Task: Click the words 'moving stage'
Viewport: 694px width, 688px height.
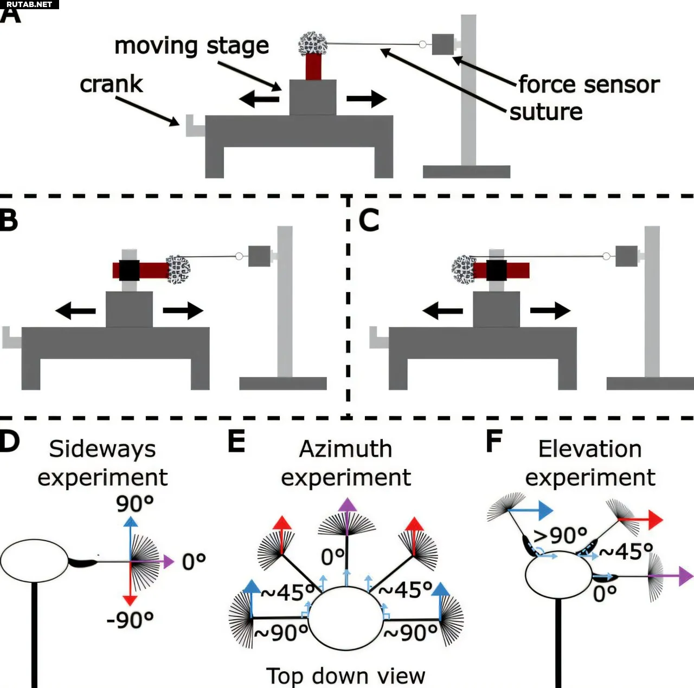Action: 191,47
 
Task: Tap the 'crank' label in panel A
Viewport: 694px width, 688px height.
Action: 111,85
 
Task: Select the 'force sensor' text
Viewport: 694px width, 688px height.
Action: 589,85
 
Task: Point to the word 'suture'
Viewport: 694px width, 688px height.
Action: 546,112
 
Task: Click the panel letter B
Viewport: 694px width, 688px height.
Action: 9,220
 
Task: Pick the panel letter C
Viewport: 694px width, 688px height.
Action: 369,220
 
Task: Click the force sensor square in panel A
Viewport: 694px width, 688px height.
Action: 442,44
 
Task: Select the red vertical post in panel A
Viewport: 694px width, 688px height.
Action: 313,67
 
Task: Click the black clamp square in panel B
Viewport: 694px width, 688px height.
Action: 129,270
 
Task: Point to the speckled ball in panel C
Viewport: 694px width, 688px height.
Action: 463,270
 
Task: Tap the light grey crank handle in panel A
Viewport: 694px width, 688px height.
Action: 195,126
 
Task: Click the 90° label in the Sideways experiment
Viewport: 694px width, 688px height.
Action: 134,504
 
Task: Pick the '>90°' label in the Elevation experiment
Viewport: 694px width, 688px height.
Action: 561,535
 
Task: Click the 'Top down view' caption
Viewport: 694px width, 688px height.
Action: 345,676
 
